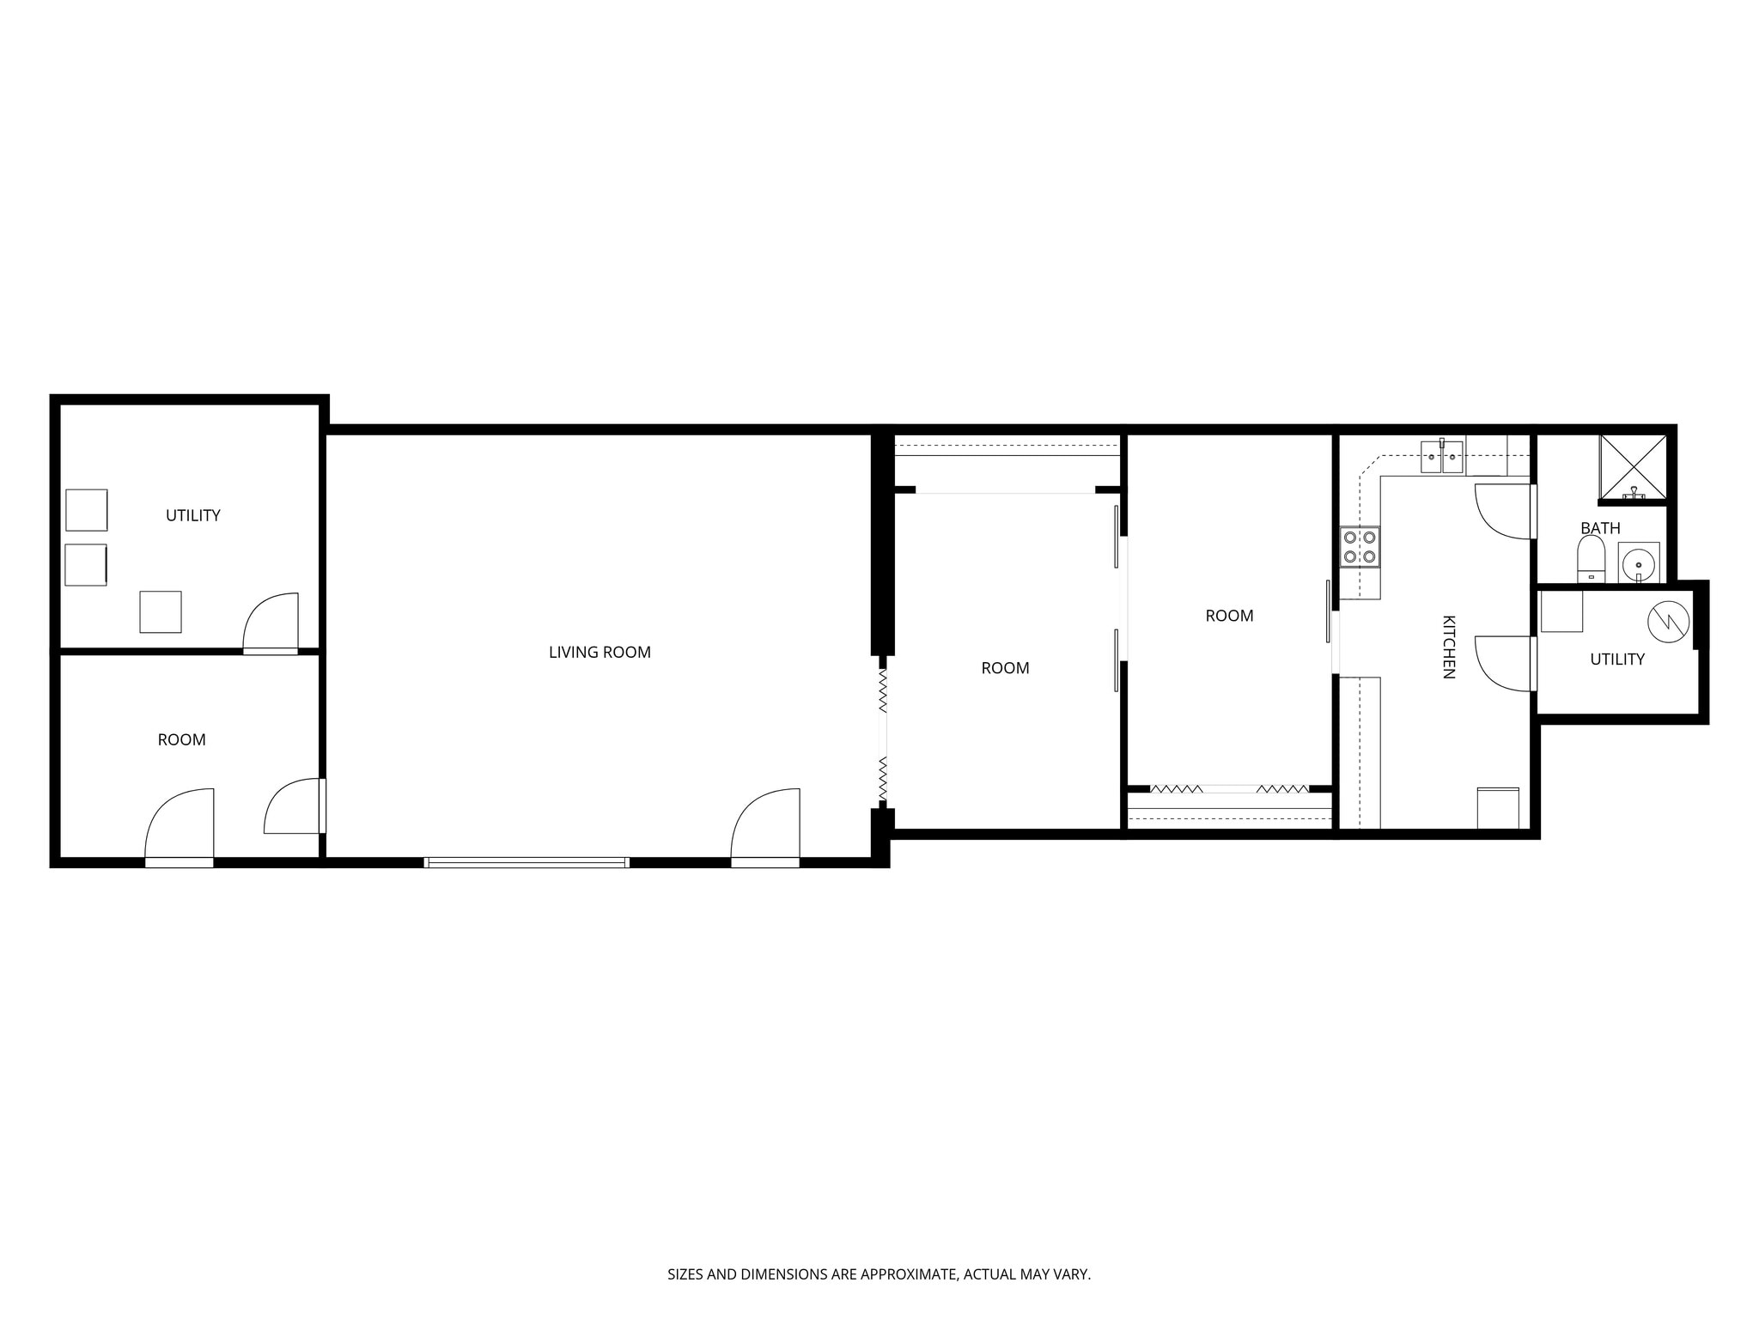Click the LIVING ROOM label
pos(600,653)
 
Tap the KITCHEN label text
pos(1448,647)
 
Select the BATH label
pos(1600,528)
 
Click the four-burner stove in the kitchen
pos(1360,546)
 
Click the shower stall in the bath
pos(1633,466)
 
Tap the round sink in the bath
pos(1639,563)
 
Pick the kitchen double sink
pos(1441,457)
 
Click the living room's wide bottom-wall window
pos(526,862)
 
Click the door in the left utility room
pos(271,623)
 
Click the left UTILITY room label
pos(193,515)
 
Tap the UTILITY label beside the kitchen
pos(1617,659)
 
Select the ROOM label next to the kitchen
pos(1229,616)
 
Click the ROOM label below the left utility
pos(181,740)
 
